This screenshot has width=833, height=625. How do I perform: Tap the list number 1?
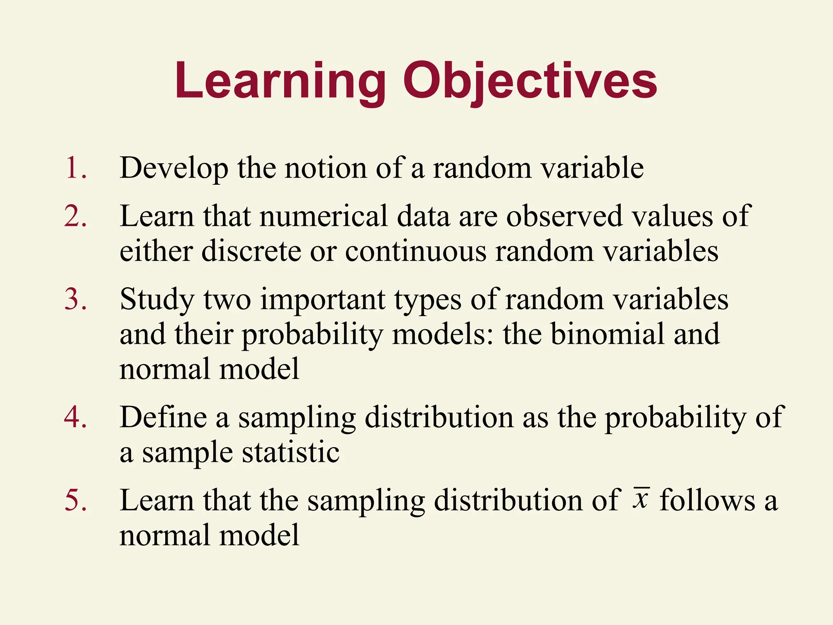[75, 168]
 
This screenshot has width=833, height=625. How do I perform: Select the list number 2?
[76, 216]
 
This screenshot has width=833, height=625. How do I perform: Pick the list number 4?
[76, 417]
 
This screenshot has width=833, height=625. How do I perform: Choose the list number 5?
[76, 500]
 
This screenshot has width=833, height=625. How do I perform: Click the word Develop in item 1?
[174, 168]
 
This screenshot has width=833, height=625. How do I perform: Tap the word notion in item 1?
[325, 168]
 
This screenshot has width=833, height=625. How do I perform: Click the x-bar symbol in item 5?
[641, 498]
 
